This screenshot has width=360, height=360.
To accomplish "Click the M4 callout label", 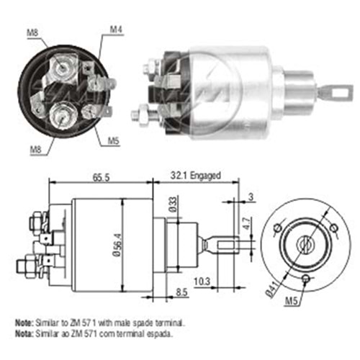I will tap(116, 29).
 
